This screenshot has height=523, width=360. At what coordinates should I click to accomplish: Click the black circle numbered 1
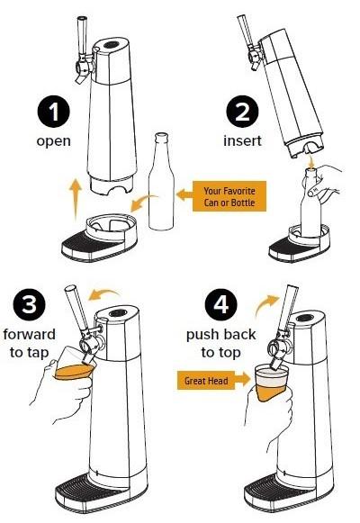(53, 111)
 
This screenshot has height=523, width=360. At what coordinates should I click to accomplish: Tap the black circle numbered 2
(242, 111)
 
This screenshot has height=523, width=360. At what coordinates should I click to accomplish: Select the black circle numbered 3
(30, 304)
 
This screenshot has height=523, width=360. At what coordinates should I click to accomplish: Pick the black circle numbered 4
(221, 304)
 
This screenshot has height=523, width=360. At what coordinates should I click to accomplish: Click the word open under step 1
(54, 141)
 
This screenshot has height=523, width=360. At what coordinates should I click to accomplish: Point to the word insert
(242, 140)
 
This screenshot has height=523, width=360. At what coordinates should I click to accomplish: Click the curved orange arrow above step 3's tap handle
(104, 294)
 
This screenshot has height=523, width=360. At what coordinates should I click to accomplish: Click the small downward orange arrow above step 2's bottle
(312, 160)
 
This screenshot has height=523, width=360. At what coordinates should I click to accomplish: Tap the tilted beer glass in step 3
(75, 364)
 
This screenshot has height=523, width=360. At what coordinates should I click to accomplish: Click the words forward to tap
(30, 343)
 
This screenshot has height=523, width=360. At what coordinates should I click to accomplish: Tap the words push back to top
(221, 343)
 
